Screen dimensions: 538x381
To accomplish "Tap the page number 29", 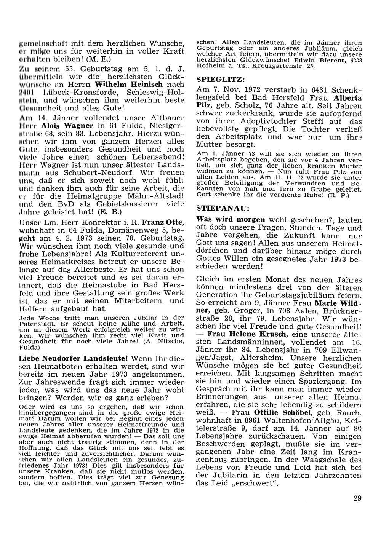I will [x=357, y=498].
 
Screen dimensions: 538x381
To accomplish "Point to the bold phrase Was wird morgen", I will [x=231, y=220].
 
